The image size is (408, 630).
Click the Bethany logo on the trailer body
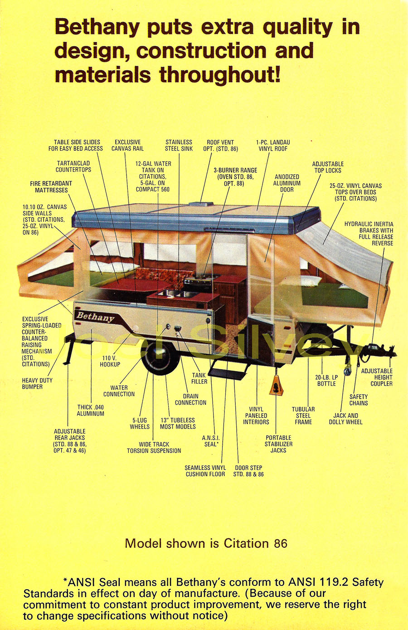pyautogui.click(x=95, y=317)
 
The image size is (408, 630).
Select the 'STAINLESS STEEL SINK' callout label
pyautogui.click(x=179, y=146)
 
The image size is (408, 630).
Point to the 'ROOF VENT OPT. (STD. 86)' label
pyautogui.click(x=220, y=146)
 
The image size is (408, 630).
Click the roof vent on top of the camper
pyautogui.click(x=200, y=204)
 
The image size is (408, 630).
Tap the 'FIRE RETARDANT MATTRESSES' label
pyautogui.click(x=51, y=187)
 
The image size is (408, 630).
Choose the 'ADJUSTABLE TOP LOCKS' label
pyautogui.click(x=328, y=167)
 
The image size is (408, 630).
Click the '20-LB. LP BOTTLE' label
pyautogui.click(x=326, y=381)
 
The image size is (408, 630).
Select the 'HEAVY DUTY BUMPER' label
pyautogui.click(x=37, y=383)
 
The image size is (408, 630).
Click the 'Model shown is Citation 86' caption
pyautogui.click(x=206, y=543)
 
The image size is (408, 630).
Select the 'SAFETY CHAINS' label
pyautogui.click(x=359, y=400)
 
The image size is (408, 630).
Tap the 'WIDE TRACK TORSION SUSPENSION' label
pyautogui.click(x=154, y=448)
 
